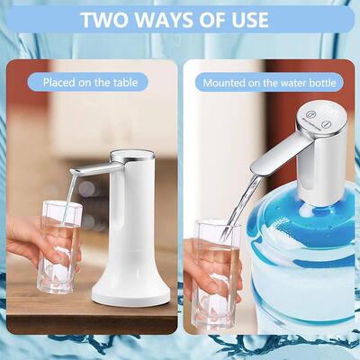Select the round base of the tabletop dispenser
(130, 289)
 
